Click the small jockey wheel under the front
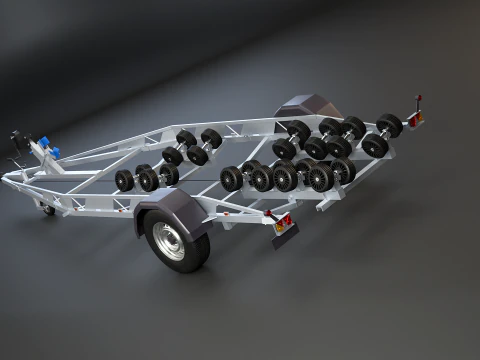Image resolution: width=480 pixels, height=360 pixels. pos(48,209)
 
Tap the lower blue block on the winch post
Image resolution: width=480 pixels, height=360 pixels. pos(52,153)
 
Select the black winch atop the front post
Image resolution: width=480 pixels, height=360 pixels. pos(16,138)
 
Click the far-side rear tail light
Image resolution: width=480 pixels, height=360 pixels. pos(415,119)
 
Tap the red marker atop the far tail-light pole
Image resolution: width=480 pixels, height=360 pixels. pos(419,99)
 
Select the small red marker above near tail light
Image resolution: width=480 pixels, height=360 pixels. pos(267,211)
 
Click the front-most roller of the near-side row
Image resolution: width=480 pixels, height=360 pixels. pos(124,181)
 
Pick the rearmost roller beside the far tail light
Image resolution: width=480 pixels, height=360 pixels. pos(389,126)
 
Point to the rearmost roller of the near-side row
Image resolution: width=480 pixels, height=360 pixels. pos(343,171)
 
